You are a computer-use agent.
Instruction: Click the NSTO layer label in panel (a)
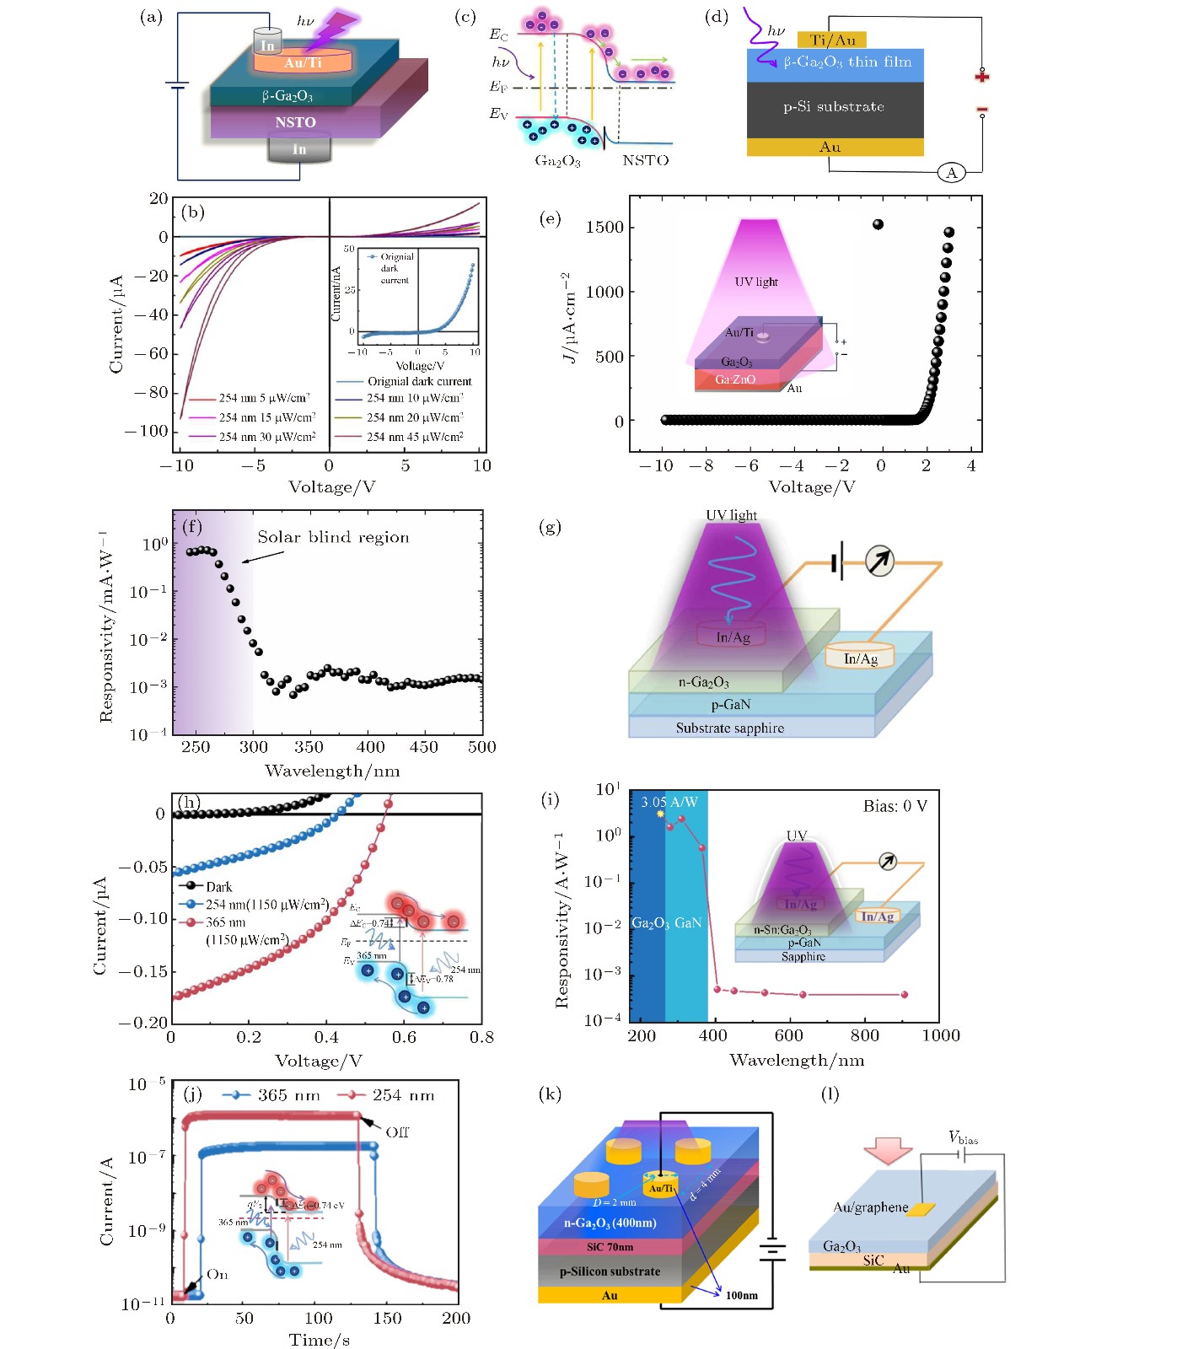tap(295, 122)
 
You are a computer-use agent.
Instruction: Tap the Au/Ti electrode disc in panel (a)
tap(302, 62)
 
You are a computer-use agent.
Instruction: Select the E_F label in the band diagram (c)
tap(498, 87)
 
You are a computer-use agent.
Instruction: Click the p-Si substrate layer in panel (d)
tap(834, 107)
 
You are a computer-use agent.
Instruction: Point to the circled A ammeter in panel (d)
tap(952, 173)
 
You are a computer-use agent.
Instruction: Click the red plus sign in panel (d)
tap(981, 77)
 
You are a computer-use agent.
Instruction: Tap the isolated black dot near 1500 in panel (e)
tap(878, 224)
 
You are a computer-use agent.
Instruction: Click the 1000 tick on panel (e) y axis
tap(604, 292)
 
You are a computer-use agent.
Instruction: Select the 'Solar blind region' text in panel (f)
tap(333, 538)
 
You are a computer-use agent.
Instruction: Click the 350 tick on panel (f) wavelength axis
tap(309, 747)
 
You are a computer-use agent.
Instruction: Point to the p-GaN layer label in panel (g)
tap(730, 705)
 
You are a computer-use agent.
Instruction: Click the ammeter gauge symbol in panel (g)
tap(879, 562)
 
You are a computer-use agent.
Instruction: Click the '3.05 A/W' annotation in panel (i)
tap(669, 802)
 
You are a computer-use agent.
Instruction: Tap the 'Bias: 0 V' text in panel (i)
tap(895, 806)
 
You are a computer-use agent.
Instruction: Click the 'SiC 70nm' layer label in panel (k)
tap(610, 1247)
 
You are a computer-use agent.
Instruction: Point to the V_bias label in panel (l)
tap(963, 1138)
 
